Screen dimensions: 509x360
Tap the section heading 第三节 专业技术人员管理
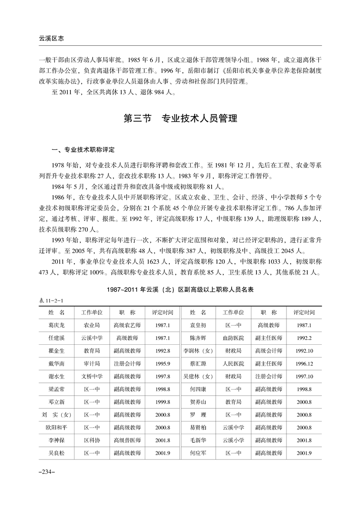tap(181, 119)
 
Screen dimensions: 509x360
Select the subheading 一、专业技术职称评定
tap(84, 149)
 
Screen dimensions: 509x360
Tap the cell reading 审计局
tap(92, 363)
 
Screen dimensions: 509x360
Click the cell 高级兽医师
tap(127, 440)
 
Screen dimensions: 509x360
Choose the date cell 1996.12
tap(304, 363)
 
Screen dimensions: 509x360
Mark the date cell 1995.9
tap(162, 363)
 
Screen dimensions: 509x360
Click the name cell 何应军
tap(198, 452)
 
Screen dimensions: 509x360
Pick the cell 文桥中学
tap(92, 376)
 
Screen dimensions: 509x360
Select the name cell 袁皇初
tap(198, 325)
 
